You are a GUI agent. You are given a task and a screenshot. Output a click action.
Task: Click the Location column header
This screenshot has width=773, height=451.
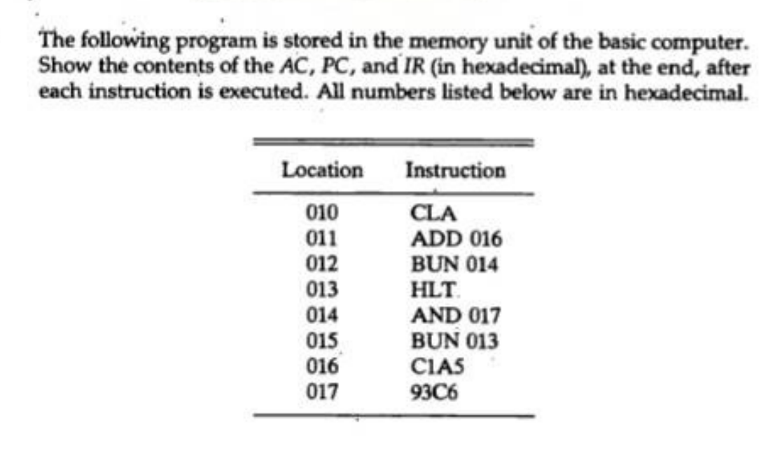(x=322, y=170)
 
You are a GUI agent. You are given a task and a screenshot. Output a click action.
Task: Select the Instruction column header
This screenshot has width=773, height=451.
(x=456, y=171)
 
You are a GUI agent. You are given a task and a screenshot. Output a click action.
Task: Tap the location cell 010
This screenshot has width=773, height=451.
(x=322, y=213)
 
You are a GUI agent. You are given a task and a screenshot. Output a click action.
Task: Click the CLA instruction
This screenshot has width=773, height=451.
(x=433, y=214)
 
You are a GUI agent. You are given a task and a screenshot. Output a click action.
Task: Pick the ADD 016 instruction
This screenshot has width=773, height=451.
(x=456, y=239)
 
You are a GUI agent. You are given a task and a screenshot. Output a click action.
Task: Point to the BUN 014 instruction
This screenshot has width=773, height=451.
(x=454, y=265)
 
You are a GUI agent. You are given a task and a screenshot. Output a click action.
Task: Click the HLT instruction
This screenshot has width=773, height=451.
(x=432, y=290)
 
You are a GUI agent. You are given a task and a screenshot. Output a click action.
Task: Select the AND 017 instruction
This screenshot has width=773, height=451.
(x=456, y=315)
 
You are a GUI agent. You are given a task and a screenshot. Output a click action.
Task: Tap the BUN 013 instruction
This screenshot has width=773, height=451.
(x=454, y=341)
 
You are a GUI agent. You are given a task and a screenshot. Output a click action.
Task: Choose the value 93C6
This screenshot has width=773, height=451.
(x=434, y=392)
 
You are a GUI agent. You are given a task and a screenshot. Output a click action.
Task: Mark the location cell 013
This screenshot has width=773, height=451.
(x=322, y=290)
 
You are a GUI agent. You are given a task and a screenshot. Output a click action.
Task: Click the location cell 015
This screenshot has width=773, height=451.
(x=322, y=341)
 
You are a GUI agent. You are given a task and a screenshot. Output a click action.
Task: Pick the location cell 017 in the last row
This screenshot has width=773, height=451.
(x=322, y=392)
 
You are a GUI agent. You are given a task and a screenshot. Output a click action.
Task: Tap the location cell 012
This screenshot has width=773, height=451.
(x=322, y=265)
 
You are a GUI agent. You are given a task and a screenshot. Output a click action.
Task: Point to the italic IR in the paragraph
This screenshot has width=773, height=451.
(x=414, y=67)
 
